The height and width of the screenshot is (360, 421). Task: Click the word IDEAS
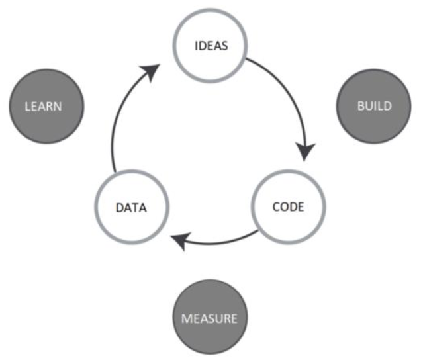pyautogui.click(x=210, y=46)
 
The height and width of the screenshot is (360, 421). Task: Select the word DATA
pyautogui.click(x=130, y=207)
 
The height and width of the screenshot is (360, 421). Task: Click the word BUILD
pyautogui.click(x=374, y=106)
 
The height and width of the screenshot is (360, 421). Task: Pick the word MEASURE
pyautogui.click(x=210, y=318)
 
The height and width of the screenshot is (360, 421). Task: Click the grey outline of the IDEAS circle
pyautogui.click(x=210, y=11)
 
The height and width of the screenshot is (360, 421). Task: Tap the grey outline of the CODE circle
pyautogui.click(x=288, y=171)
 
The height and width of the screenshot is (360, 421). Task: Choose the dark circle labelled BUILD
pyautogui.click(x=374, y=86)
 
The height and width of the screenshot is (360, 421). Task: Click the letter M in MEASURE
pyautogui.click(x=185, y=318)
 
